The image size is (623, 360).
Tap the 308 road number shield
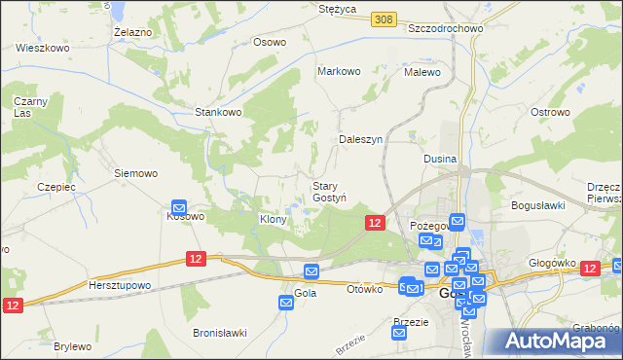(382, 18)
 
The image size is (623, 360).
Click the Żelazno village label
(132, 32)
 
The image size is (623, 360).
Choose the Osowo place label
(270, 42)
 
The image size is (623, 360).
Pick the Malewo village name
(422, 72)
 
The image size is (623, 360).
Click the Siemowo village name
(135, 173)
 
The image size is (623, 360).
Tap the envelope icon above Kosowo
(179, 206)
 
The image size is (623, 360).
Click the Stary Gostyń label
(329, 192)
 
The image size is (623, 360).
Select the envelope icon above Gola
(311, 271)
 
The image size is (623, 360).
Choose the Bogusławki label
(538, 205)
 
